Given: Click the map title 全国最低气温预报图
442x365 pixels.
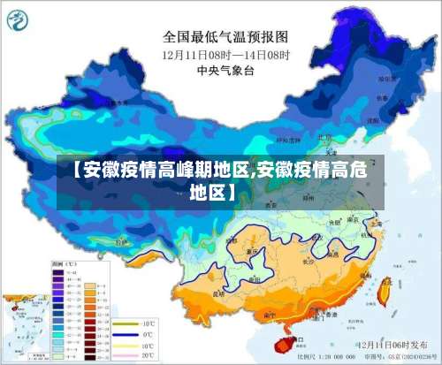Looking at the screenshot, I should click(x=225, y=37).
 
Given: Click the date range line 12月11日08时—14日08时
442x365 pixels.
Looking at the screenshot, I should click(x=225, y=55).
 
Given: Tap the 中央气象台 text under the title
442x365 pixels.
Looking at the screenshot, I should click(x=225, y=71).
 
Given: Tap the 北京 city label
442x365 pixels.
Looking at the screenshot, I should click(x=324, y=138).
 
